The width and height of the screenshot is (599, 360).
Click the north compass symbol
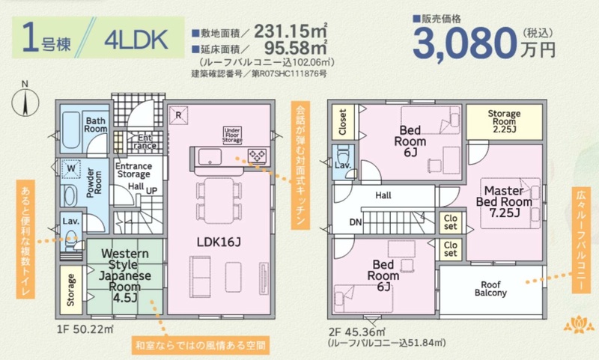click(x=25, y=100)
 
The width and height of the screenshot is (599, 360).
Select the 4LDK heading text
click(x=136, y=40)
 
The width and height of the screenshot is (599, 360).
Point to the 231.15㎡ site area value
click(x=291, y=31)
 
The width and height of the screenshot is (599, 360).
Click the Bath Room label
click(x=96, y=125)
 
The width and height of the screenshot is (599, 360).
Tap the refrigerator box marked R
click(x=178, y=115)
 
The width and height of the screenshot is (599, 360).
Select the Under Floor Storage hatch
click(x=232, y=135)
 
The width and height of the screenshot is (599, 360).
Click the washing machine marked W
click(x=71, y=168)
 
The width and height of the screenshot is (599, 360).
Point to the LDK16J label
click(x=219, y=242)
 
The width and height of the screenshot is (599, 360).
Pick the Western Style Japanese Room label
click(x=124, y=275)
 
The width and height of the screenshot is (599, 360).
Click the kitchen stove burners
click(x=257, y=156)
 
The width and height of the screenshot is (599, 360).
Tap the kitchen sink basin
click(x=210, y=156)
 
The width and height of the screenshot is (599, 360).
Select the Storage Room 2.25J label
click(x=504, y=121)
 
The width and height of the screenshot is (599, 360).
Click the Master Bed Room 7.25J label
click(x=504, y=201)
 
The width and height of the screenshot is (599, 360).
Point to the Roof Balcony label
click(x=490, y=289)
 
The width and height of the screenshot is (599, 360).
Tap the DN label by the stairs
click(x=355, y=222)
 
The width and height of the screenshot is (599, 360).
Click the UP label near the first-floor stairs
click(x=152, y=191)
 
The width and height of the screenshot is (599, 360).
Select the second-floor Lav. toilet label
click(x=343, y=165)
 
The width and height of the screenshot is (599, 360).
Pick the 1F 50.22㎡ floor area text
click(x=85, y=329)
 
